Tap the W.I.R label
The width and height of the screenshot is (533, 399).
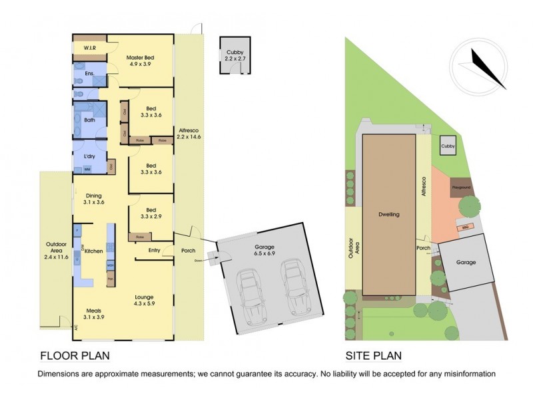(91, 49)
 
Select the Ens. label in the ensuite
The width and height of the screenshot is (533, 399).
(88, 74)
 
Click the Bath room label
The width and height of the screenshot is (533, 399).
(89, 120)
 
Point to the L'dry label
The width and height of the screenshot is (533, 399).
(89, 156)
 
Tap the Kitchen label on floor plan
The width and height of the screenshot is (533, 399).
(93, 251)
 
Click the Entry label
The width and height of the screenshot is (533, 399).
(155, 251)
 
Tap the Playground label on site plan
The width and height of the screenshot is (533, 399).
(462, 188)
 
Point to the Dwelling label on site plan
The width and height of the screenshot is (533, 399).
(388, 215)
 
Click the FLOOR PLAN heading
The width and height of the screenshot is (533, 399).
(75, 355)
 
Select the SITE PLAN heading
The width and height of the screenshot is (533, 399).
(373, 355)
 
